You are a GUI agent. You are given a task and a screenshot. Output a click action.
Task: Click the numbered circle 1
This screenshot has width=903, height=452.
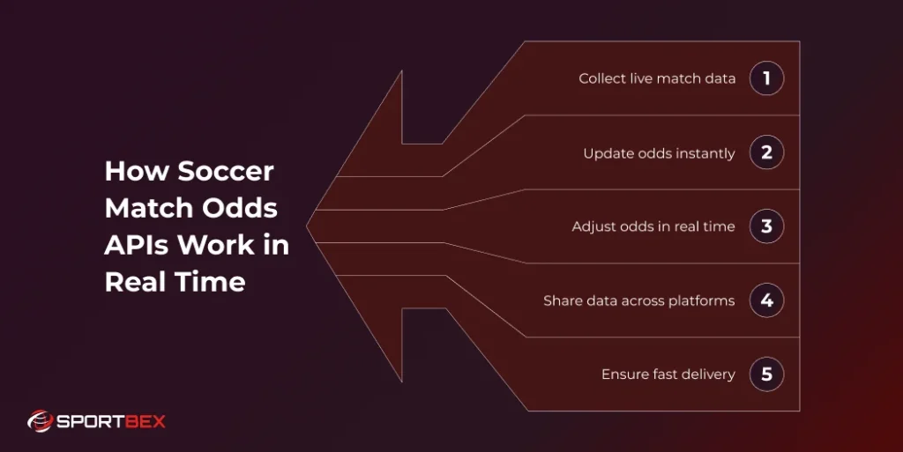point(766,78)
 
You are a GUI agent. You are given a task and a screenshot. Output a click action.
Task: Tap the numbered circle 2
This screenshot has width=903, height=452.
point(766,152)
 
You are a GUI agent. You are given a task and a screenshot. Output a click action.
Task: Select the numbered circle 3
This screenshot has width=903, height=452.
point(766,226)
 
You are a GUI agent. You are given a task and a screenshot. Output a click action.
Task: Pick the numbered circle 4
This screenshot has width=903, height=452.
point(766,300)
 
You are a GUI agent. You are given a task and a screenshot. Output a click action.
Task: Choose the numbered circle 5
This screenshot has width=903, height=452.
point(766,374)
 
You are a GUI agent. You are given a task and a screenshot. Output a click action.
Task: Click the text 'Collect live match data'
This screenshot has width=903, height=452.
point(657,78)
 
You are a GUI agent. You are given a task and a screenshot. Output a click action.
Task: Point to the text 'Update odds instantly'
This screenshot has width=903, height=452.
point(659,153)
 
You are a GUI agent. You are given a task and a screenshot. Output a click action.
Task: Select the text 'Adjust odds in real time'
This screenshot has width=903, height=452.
point(653,226)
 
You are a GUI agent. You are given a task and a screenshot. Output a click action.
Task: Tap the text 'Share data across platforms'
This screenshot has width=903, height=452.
point(638,300)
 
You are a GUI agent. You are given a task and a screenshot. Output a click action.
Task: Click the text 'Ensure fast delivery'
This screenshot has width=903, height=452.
point(668,374)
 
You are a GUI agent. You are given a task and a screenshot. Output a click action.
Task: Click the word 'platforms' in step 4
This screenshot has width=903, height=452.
point(700,301)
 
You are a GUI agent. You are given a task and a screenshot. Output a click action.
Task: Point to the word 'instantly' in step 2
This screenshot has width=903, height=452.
point(705,153)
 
